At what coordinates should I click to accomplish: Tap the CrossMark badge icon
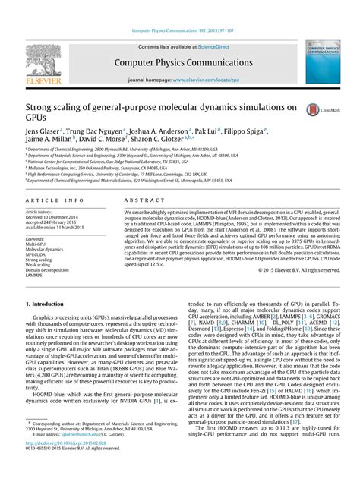(x=312, y=111)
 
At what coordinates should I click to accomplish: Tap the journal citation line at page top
(x=180, y=30)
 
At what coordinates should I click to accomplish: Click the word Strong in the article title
(x=41, y=108)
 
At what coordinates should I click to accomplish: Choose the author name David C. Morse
(x=100, y=140)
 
